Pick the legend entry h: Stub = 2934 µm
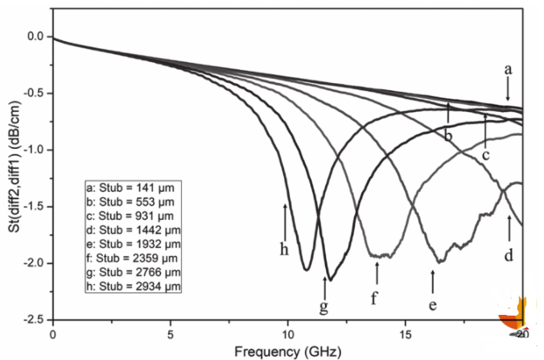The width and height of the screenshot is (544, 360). (133, 285)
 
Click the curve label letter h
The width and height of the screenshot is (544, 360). (284, 250)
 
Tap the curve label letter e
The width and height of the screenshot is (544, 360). (433, 304)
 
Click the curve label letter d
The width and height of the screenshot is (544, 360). (509, 255)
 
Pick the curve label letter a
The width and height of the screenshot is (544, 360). (508, 70)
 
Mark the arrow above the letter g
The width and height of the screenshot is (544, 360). (324, 286)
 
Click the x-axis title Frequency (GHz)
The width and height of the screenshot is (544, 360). (287, 350)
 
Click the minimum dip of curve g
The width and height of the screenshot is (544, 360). (330, 279)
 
